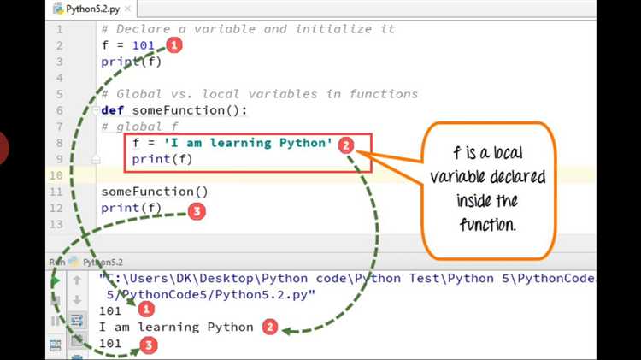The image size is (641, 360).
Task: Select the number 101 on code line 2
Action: pyautogui.click(x=143, y=45)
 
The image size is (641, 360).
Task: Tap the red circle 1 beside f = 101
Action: pyautogui.click(x=174, y=45)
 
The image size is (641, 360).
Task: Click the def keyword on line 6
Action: pyautogui.click(x=113, y=110)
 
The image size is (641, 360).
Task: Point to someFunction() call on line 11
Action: pyautogui.click(x=155, y=192)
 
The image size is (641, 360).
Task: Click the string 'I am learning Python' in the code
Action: pyautogui.click(x=248, y=143)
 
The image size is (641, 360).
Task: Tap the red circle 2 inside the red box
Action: pyautogui.click(x=346, y=145)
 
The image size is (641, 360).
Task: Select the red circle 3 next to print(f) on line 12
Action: pyautogui.click(x=197, y=211)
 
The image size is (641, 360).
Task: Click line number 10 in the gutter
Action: pyautogui.click(x=56, y=175)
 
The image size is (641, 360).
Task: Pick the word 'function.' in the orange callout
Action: pyautogui.click(x=487, y=224)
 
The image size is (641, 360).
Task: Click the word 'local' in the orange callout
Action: pyautogui.click(x=509, y=152)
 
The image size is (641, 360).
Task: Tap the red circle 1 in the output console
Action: pyautogui.click(x=146, y=310)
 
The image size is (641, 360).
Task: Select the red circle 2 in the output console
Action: pyautogui.click(x=270, y=327)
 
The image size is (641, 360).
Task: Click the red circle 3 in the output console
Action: pyautogui.click(x=149, y=345)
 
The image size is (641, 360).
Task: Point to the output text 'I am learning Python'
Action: pyautogui.click(x=177, y=328)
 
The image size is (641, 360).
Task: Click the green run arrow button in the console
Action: pyautogui.click(x=56, y=281)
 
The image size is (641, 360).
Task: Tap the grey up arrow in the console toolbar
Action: pyautogui.click(x=77, y=280)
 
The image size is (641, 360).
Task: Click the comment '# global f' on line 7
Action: pyautogui.click(x=140, y=127)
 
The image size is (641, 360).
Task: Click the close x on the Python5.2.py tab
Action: pyautogui.click(x=127, y=9)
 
